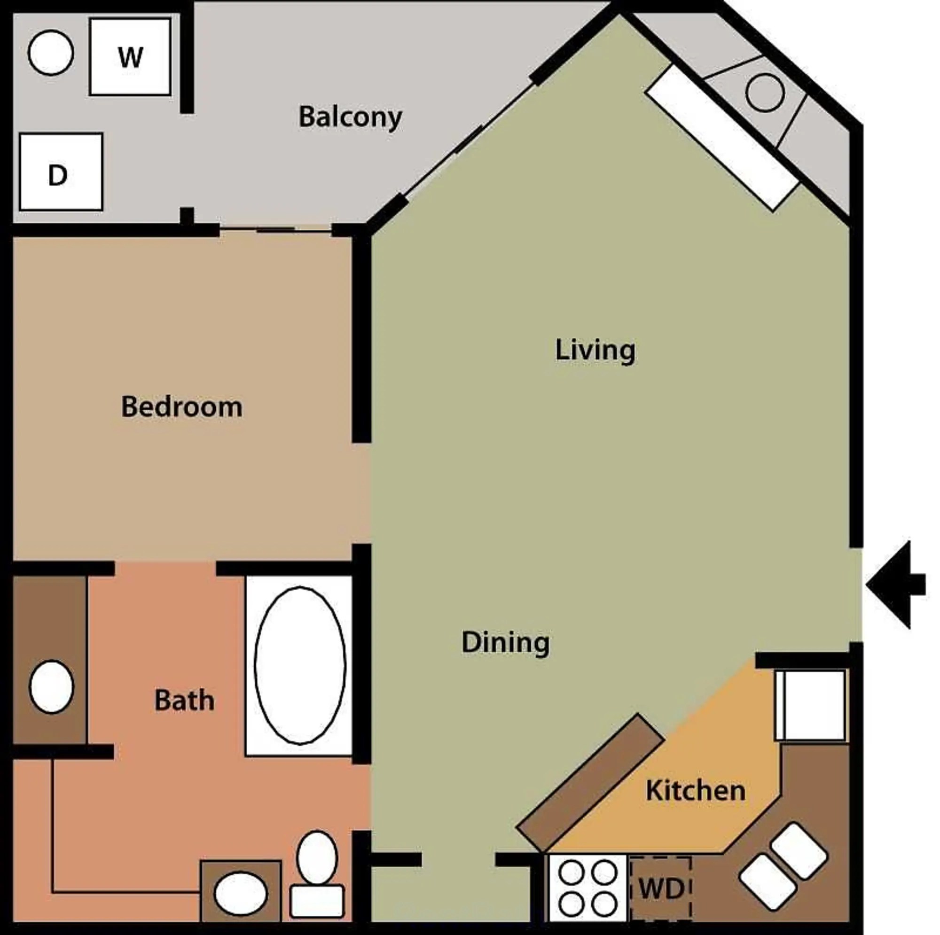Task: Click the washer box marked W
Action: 130,57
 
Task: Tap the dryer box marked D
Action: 61,171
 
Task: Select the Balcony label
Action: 350,117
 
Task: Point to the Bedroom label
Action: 181,407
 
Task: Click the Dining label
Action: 505,643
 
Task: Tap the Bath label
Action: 184,701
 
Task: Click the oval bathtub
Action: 300,665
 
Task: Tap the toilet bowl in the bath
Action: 317,857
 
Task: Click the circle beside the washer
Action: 51,53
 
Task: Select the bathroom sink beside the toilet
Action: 240,894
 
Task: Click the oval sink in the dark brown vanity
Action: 52,687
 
